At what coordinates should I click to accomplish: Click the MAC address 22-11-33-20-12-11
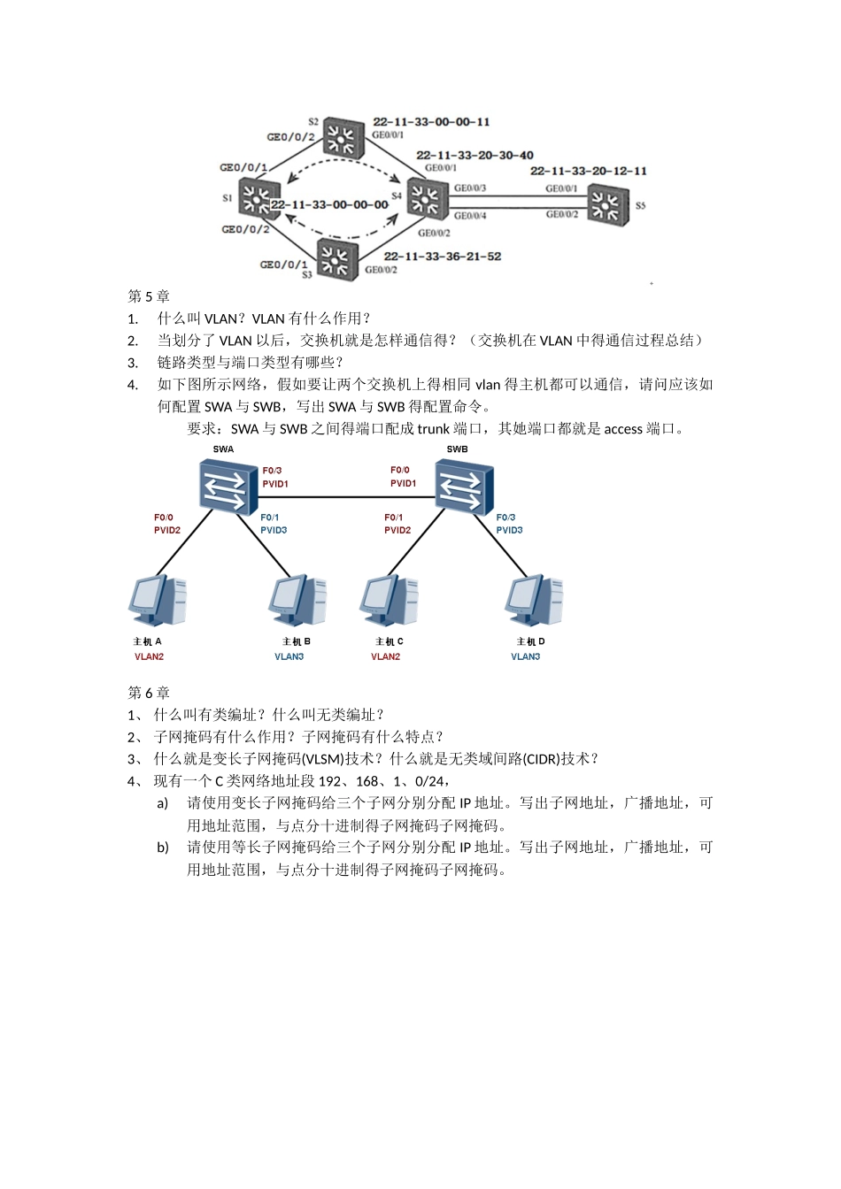click(x=588, y=171)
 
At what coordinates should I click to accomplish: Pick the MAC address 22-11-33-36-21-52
click(x=442, y=256)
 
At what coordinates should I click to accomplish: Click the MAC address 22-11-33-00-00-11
click(x=431, y=121)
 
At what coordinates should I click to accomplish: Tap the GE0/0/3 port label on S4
click(x=469, y=188)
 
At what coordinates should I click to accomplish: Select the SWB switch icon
click(x=459, y=488)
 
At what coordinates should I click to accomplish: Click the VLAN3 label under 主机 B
click(x=289, y=656)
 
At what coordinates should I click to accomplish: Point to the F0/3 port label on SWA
click(x=272, y=470)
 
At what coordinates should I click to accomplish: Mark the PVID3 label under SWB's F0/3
click(x=509, y=530)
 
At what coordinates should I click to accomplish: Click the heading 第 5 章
click(x=149, y=296)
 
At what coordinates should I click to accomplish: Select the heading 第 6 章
click(x=149, y=693)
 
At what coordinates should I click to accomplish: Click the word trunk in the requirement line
click(x=433, y=429)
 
